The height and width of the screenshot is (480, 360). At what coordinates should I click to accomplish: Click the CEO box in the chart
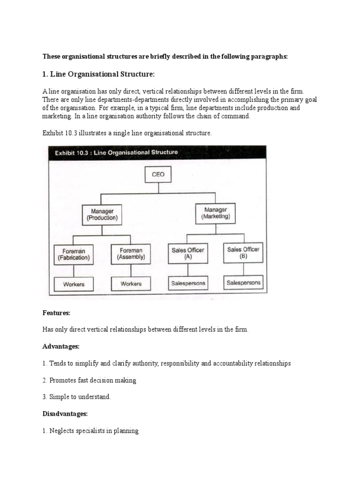click(158, 174)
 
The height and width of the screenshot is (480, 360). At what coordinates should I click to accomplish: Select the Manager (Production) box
click(102, 214)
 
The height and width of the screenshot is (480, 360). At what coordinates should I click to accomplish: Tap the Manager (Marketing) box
click(215, 213)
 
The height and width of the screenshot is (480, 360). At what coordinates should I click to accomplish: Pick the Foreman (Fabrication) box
click(74, 254)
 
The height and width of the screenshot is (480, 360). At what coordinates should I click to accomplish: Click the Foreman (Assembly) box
click(131, 254)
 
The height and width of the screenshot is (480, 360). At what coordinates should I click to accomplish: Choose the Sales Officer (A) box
click(187, 254)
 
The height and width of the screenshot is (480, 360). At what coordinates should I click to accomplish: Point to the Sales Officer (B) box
click(243, 253)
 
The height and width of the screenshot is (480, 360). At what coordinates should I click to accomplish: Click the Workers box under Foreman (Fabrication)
click(74, 284)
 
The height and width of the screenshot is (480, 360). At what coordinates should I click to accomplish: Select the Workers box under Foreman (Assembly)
click(131, 284)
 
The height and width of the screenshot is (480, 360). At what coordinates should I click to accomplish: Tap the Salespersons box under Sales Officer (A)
click(187, 283)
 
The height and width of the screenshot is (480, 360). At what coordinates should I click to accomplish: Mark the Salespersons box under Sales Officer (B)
click(243, 283)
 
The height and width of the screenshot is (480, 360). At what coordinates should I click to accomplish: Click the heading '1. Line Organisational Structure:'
click(98, 75)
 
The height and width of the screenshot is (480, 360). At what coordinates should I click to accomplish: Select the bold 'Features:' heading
click(57, 312)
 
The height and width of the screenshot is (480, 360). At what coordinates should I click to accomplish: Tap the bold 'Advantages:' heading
click(61, 346)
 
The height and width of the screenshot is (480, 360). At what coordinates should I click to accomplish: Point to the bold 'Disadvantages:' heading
click(65, 413)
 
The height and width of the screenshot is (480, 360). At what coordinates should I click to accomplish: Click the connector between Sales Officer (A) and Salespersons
click(187, 270)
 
